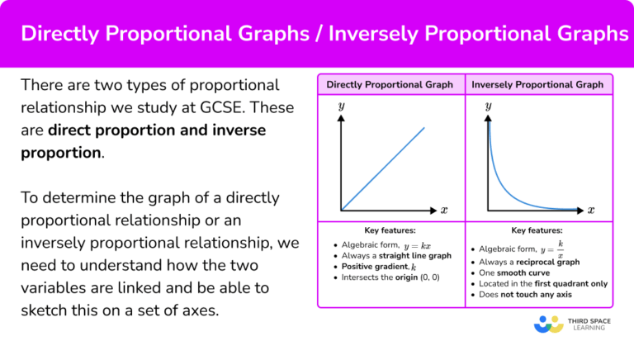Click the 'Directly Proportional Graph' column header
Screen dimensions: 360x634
pos(390,84)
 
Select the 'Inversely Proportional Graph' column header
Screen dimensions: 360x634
pos(537,84)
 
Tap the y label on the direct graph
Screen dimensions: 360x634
pos(340,107)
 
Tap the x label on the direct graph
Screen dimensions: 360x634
pos(443,211)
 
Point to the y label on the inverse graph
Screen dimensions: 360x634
pos(488,107)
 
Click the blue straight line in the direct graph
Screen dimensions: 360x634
pos(384,168)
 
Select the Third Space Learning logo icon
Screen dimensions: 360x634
pos(548,324)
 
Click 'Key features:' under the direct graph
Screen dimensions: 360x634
pos(390,230)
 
